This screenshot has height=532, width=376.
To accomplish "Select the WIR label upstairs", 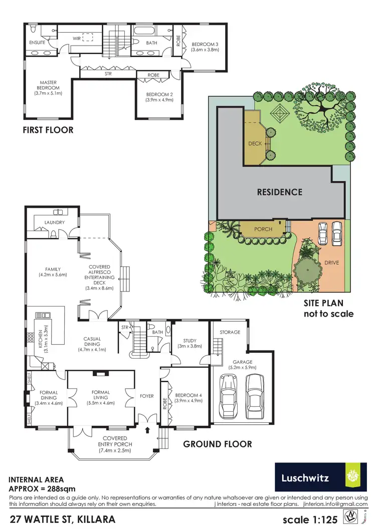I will click(77, 37).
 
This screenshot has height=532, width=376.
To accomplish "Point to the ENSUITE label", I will click(38, 43).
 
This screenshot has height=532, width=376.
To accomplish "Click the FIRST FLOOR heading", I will click(48, 130).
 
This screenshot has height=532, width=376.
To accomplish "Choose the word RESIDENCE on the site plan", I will click(280, 192).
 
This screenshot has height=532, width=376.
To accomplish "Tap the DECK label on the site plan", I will click(255, 144).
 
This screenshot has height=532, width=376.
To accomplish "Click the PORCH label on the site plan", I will click(263, 229).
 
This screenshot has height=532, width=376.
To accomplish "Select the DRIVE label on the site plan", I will click(332, 262).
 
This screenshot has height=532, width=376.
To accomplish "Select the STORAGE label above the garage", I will click(230, 332).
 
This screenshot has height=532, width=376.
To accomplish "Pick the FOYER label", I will click(147, 396).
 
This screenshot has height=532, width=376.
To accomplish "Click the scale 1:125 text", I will click(310, 519).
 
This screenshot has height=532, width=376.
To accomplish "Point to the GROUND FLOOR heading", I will click(217, 444).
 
